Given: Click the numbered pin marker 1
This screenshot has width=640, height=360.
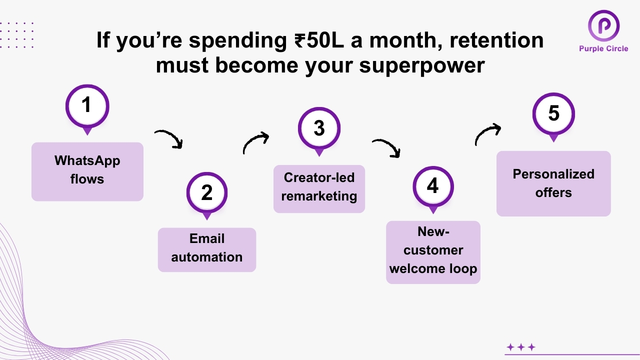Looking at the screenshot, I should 87,106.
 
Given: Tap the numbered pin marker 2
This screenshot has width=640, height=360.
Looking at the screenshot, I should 207,193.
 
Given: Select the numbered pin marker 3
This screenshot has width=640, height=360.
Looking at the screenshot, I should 319,128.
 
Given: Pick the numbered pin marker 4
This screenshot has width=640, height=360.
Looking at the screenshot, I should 433,186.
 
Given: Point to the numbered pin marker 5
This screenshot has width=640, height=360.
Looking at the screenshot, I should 553,114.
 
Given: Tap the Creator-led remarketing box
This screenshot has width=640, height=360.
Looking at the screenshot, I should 319,188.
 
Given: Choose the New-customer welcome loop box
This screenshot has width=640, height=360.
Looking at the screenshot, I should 433,252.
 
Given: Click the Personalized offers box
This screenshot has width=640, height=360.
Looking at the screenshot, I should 553,183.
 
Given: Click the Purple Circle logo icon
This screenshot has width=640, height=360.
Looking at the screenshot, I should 603,25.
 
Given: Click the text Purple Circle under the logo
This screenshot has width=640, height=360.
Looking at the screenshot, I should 603,48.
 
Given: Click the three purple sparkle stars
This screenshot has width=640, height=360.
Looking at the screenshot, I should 521,347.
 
